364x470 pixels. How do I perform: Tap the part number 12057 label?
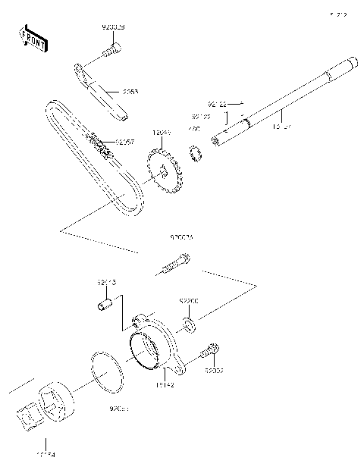click(126, 142)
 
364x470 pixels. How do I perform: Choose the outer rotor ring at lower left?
click(58, 402)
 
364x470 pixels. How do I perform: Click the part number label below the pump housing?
click(165, 386)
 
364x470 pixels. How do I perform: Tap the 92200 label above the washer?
click(189, 302)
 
